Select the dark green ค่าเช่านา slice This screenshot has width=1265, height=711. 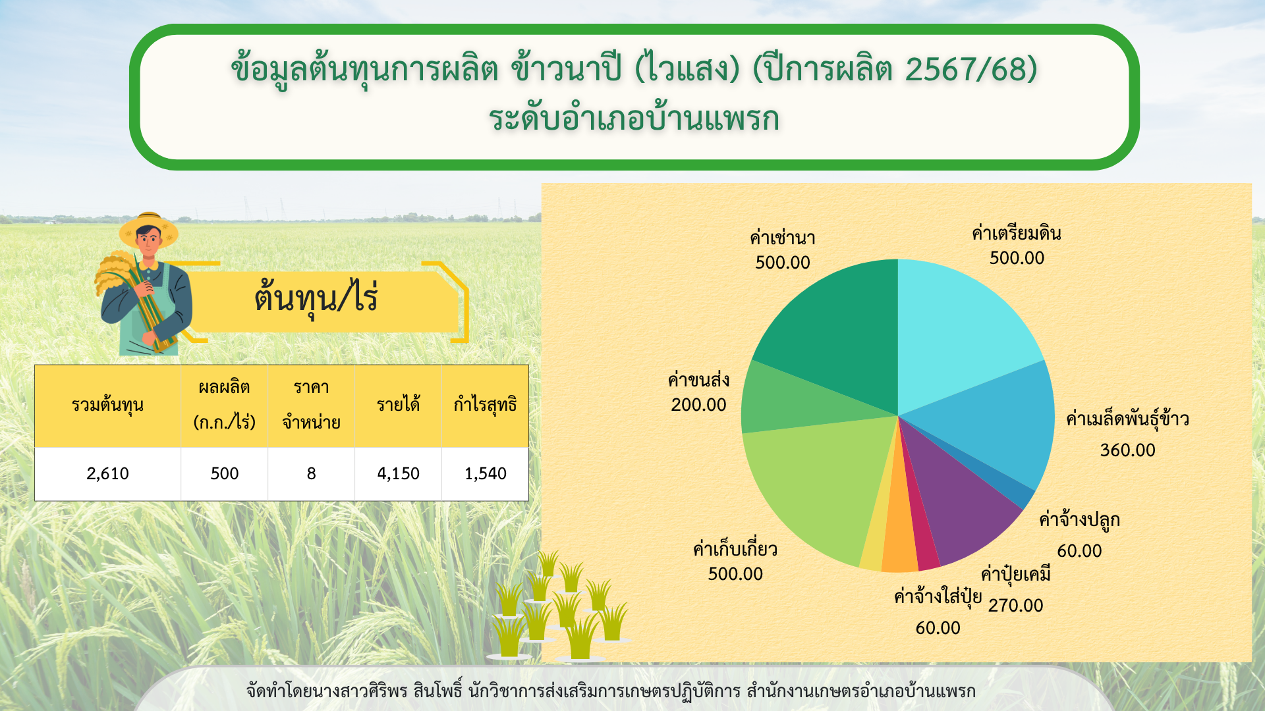[x=837, y=329]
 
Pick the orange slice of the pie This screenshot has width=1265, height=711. [x=900, y=540]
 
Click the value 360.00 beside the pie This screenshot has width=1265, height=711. [x=1127, y=450]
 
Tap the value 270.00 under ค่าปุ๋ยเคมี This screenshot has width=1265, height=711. [x=1015, y=606]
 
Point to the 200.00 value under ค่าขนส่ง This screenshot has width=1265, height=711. [x=698, y=405]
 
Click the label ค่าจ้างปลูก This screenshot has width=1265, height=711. [x=1079, y=520]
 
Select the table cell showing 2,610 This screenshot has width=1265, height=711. [x=107, y=474]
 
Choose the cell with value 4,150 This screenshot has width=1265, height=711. [x=398, y=474]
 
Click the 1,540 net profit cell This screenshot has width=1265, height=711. [x=486, y=474]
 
